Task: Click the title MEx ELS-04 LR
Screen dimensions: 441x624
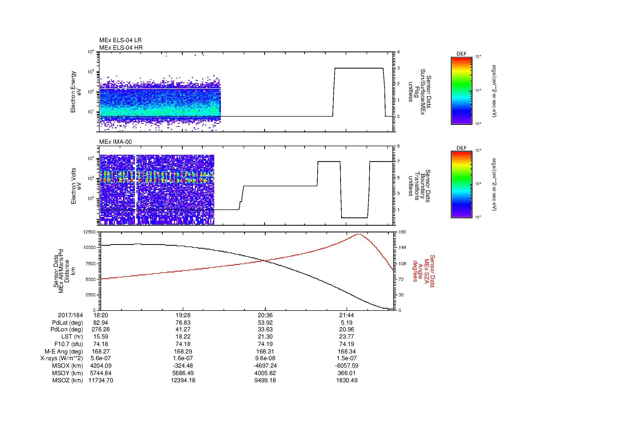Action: pos(120,40)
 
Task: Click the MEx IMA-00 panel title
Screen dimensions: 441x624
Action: pos(116,142)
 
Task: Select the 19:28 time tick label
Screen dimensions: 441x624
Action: pos(183,315)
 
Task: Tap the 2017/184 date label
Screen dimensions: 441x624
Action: pos(70,315)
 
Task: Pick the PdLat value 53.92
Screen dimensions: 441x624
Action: pos(265,323)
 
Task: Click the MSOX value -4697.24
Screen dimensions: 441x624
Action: pos(265,366)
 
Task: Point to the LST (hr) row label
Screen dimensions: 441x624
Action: pos(72,337)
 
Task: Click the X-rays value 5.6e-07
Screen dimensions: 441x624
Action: pos(101,358)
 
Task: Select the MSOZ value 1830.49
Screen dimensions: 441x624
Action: pos(347,380)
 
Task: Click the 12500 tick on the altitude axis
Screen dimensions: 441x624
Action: pos(90,232)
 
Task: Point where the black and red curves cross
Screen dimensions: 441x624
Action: pos(265,261)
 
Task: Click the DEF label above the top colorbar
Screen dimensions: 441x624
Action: pos(462,54)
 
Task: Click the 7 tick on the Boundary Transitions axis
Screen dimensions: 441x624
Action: pos(398,162)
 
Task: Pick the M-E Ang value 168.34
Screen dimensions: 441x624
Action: pos(347,351)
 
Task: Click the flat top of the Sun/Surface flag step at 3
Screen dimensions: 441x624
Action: pos(359,68)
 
